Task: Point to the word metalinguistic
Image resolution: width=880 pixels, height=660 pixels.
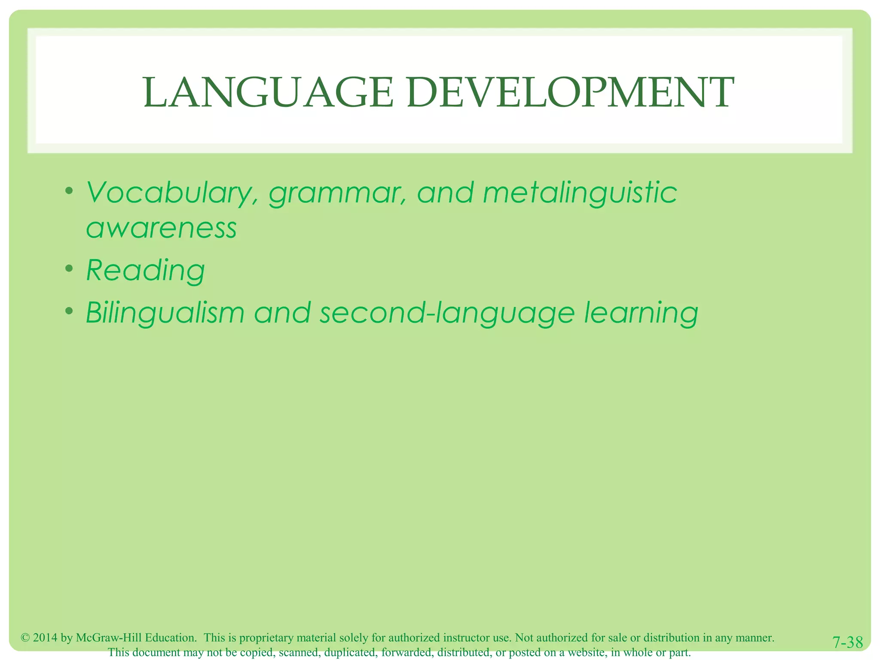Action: [580, 193]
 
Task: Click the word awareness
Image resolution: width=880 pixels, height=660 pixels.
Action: [161, 229]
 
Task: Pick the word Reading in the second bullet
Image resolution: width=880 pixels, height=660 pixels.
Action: [146, 271]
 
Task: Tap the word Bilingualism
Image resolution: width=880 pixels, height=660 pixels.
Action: [165, 313]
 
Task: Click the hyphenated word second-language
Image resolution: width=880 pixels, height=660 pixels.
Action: [447, 314]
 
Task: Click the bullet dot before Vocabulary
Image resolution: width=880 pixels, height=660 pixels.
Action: [68, 191]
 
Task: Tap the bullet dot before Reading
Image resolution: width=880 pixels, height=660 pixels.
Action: [68, 269]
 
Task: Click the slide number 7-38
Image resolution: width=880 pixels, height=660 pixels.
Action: [847, 643]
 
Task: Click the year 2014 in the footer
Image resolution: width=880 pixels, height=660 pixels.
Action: [45, 638]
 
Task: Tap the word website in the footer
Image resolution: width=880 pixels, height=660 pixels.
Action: [587, 653]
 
